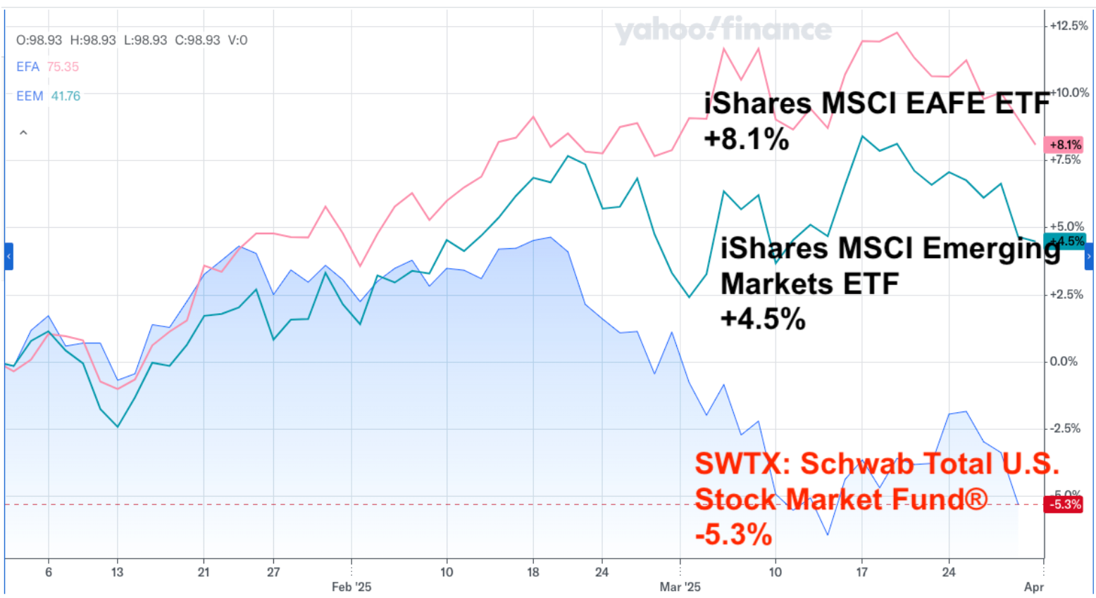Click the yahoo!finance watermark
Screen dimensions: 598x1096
click(x=723, y=30)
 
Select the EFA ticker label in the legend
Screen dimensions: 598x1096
click(x=27, y=67)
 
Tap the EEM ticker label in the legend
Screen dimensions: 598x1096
click(x=30, y=96)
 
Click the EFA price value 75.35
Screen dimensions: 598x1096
click(x=63, y=67)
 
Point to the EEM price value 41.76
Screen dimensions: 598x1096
click(x=66, y=96)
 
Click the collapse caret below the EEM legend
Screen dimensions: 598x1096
click(x=23, y=132)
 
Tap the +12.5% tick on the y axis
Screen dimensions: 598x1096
click(x=1068, y=25)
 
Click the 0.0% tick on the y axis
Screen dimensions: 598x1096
click(x=1064, y=361)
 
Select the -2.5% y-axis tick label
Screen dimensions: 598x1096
click(x=1064, y=428)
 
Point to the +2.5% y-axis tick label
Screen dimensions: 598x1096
click(x=1066, y=294)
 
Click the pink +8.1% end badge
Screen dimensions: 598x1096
click(x=1065, y=145)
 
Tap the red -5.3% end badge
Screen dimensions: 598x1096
click(x=1064, y=504)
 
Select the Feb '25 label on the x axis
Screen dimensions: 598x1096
click(x=351, y=587)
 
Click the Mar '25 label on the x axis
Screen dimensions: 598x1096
click(x=680, y=587)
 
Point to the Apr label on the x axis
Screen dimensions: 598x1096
click(x=1033, y=587)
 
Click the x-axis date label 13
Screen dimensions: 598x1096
click(x=117, y=572)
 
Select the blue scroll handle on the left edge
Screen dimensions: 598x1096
click(x=8, y=257)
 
